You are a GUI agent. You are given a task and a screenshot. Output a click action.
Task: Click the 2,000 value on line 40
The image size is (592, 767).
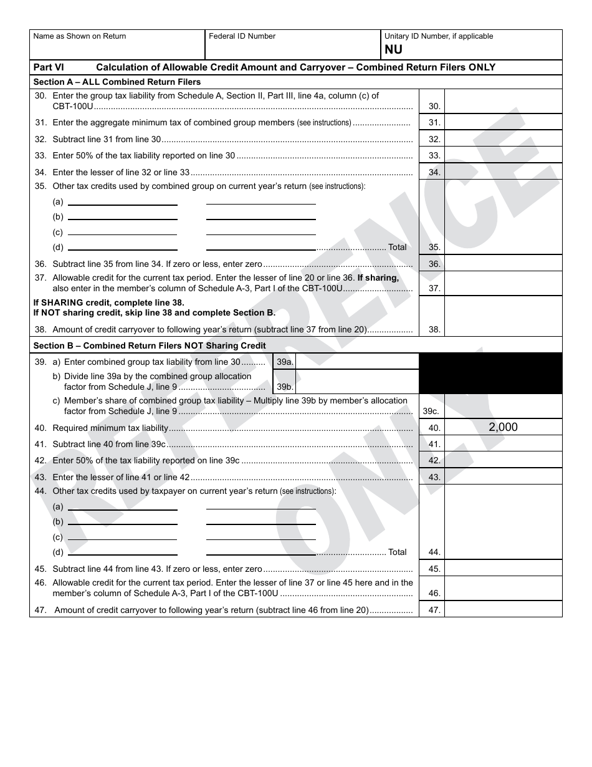click(503, 427)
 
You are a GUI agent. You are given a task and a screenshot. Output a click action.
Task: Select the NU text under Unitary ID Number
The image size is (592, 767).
click(393, 50)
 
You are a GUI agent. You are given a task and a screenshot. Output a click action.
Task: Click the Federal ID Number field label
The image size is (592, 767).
click(242, 36)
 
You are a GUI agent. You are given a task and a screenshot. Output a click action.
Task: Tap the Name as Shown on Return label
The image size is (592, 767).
click(79, 36)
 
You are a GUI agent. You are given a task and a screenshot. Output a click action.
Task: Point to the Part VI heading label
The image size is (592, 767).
click(48, 67)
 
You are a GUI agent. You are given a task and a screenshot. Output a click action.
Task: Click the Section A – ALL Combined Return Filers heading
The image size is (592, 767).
click(117, 82)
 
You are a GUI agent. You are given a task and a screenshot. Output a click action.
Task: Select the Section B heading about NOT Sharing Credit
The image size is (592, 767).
click(150, 345)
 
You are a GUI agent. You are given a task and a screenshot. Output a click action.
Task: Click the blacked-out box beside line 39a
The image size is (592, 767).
click(491, 373)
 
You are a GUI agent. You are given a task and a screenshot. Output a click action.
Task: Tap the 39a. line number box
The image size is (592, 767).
click(285, 362)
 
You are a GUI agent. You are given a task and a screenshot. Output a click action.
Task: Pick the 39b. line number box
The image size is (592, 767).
click(285, 387)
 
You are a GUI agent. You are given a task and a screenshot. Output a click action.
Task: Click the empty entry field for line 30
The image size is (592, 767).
click(503, 101)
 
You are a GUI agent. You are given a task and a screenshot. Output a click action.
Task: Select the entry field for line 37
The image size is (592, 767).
click(503, 283)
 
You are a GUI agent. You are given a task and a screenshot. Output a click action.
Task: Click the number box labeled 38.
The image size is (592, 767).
click(434, 329)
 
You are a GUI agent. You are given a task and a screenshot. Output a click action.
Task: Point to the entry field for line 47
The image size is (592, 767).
click(503, 609)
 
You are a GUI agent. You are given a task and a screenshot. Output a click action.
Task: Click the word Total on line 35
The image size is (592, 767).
click(397, 248)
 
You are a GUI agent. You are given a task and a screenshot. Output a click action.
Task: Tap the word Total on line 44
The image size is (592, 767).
click(397, 552)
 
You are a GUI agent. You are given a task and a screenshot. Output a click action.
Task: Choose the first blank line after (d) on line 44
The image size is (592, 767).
click(122, 553)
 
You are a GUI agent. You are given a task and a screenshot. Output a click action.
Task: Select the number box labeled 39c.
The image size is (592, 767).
click(431, 412)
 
